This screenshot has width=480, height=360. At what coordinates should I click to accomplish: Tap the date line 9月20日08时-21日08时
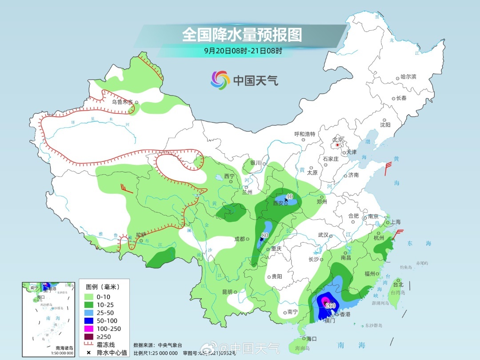[243, 51]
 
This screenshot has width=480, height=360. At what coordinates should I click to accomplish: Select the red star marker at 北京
[338, 145]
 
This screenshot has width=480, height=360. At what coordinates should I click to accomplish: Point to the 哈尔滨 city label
[408, 77]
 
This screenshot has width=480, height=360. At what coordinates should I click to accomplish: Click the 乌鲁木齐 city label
[122, 102]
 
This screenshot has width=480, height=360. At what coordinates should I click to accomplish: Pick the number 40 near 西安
[290, 196]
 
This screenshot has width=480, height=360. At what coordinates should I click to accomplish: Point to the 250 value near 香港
[330, 305]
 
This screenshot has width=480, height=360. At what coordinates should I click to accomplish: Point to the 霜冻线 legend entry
[106, 344]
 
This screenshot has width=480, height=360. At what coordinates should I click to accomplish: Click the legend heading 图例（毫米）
[105, 286]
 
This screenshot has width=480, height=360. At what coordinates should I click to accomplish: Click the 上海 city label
[394, 222]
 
